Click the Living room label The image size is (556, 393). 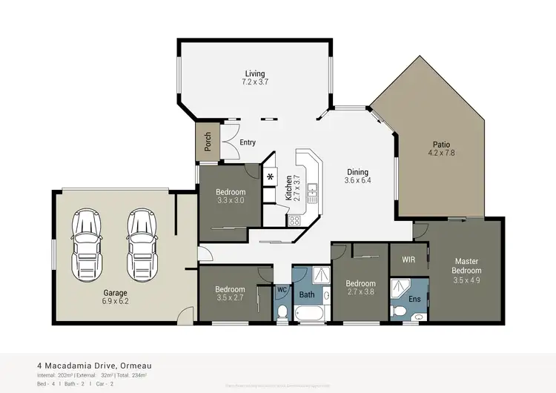256,73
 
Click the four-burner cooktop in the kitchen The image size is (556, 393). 294,220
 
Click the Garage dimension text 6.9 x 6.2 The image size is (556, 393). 116,302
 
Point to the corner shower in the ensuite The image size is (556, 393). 401,286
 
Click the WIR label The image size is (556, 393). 408,260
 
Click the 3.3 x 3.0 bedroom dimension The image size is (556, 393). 230,201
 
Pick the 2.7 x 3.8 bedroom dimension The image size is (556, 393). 360,292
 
